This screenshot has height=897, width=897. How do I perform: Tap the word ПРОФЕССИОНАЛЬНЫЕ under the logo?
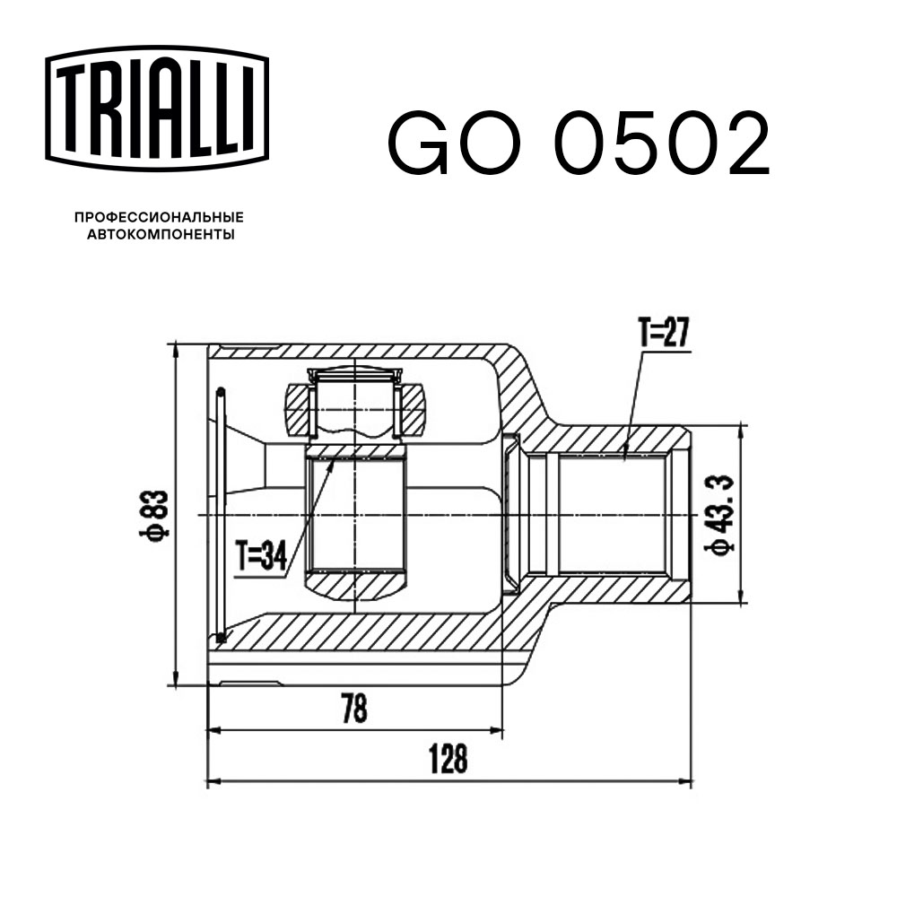click(159, 217)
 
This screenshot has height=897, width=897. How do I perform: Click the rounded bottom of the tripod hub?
click(355, 587)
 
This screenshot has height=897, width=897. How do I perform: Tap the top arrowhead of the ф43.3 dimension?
click(740, 429)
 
